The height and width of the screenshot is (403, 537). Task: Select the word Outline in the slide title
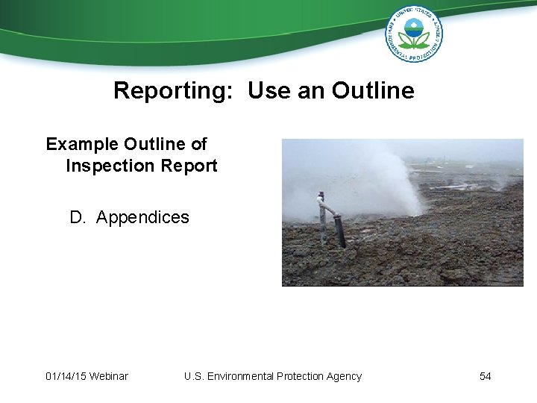point(373,91)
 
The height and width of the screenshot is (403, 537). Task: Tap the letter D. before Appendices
point(78,218)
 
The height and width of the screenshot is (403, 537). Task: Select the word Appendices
point(142,218)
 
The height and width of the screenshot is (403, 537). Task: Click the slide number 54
point(485,376)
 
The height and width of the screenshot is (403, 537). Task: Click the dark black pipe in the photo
point(339,231)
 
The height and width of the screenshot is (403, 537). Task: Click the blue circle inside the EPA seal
point(413,29)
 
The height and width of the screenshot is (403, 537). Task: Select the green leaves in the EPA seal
point(413,40)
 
